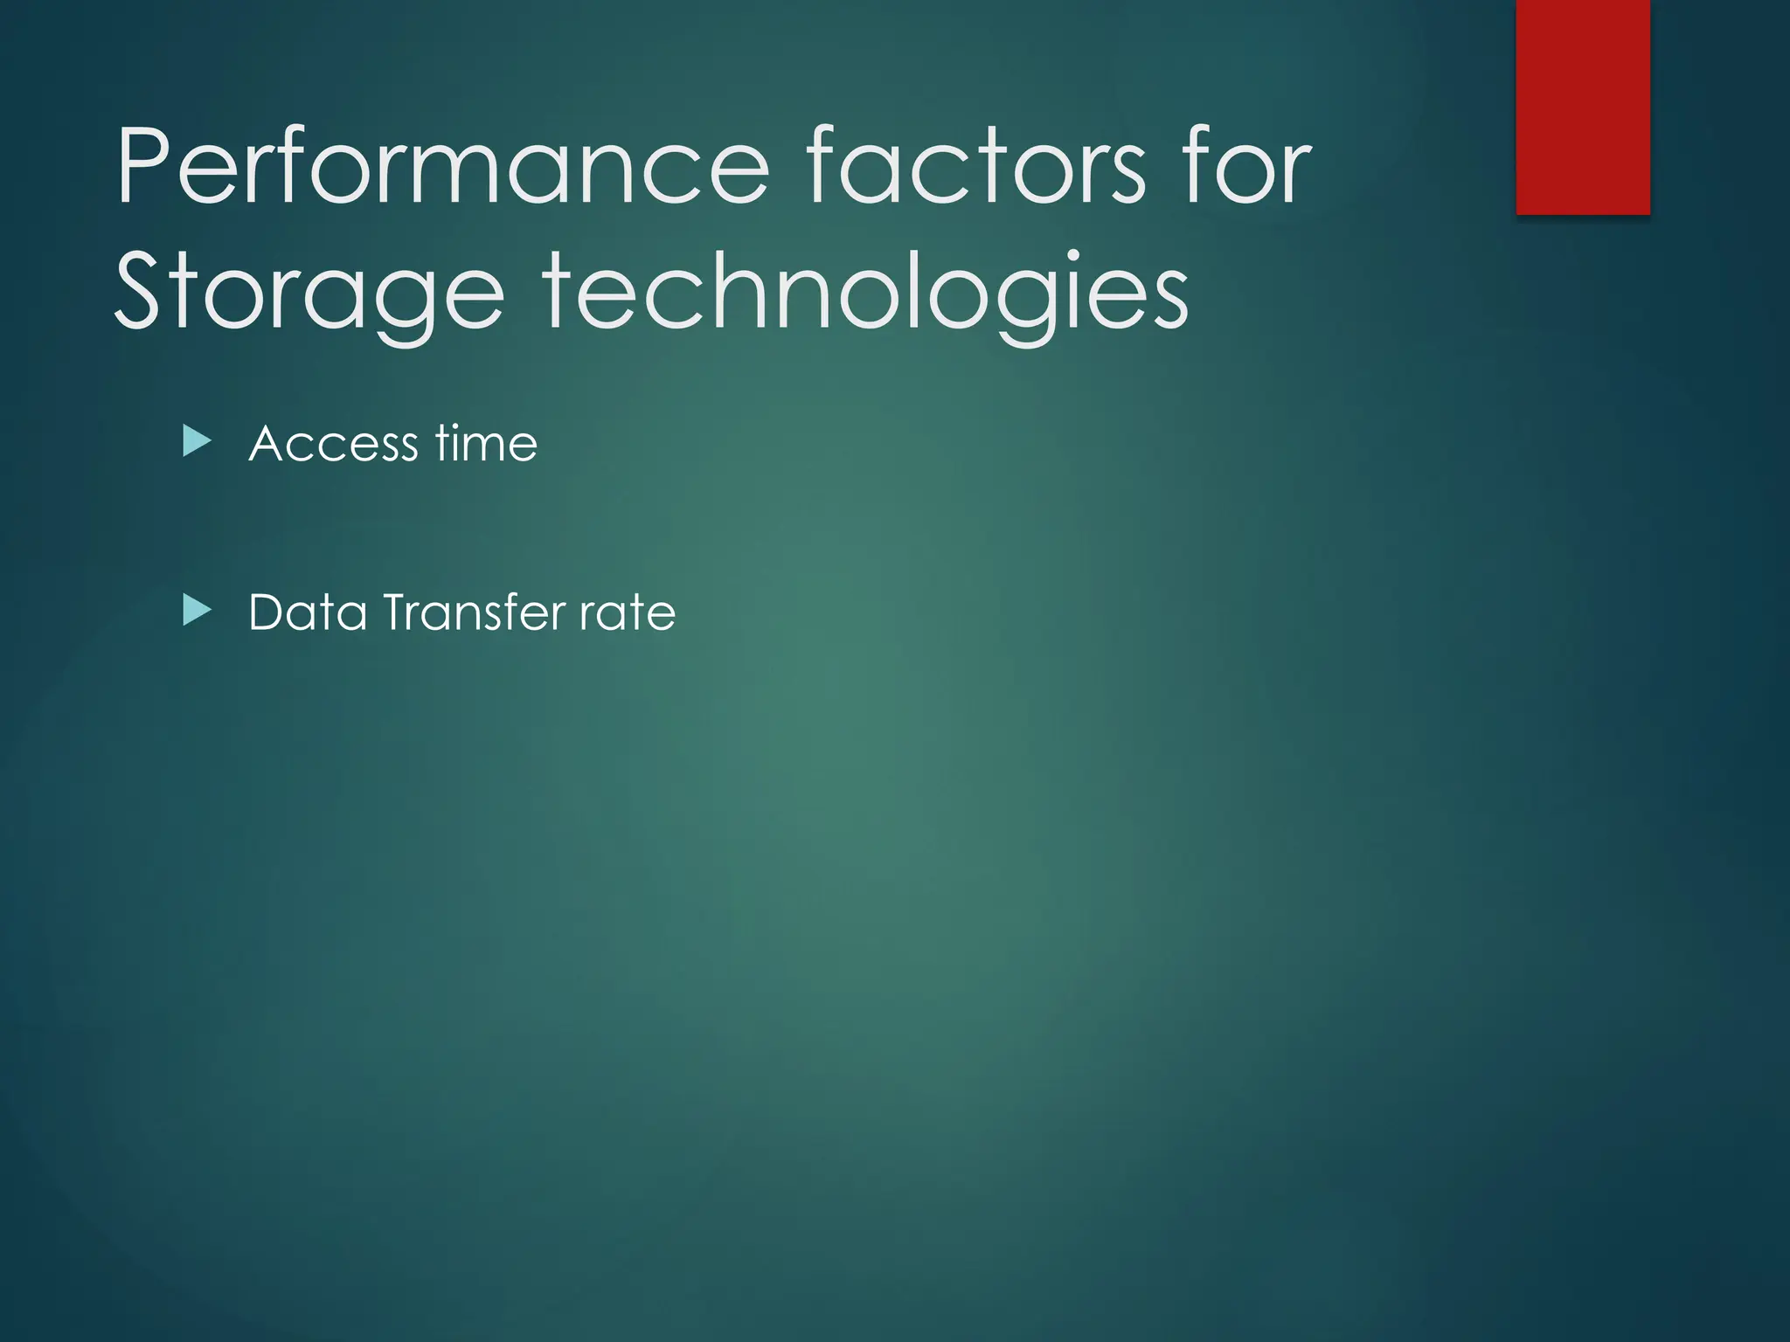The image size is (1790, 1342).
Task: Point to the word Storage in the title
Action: click(309, 293)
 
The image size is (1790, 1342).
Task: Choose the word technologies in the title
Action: click(866, 293)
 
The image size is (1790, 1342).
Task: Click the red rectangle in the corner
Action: click(1583, 107)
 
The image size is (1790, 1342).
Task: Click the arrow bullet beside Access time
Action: click(197, 442)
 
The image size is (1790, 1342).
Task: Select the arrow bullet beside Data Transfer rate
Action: click(197, 611)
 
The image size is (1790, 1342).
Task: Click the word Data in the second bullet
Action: click(308, 612)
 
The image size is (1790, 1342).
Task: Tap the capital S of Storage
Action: click(140, 292)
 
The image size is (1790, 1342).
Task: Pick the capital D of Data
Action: click(267, 612)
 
